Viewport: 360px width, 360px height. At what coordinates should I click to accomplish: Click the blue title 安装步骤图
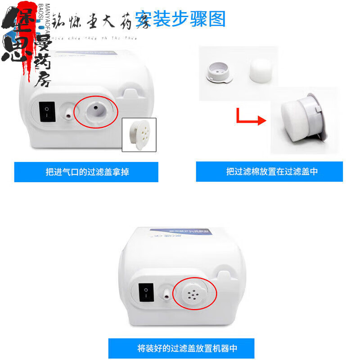[180, 19]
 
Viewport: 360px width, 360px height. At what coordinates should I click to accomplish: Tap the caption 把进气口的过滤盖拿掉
[86, 172]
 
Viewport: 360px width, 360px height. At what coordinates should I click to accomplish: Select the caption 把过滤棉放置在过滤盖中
[269, 172]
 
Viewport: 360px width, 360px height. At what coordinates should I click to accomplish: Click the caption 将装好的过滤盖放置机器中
[181, 348]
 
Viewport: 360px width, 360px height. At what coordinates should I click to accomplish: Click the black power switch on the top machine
[47, 112]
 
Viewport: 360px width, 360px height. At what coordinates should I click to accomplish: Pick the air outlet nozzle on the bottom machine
[166, 293]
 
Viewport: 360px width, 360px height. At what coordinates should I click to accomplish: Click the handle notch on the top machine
[130, 92]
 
